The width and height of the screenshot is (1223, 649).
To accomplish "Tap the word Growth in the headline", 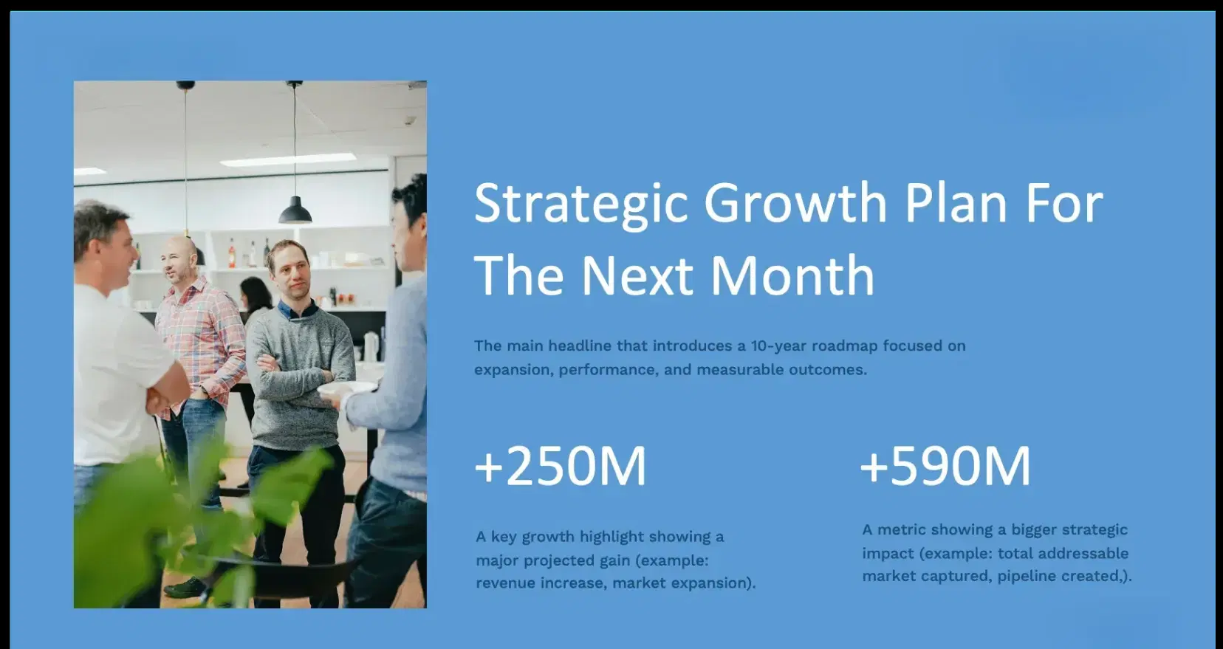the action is click(x=795, y=203).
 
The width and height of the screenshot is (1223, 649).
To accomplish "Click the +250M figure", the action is click(x=561, y=466).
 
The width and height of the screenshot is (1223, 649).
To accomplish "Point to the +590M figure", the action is click(x=945, y=466).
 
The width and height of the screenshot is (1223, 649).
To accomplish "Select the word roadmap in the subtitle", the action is click(x=844, y=346).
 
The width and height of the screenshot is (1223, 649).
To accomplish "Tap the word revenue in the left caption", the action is click(x=505, y=583).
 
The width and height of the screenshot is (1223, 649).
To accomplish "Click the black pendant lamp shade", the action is click(x=295, y=210).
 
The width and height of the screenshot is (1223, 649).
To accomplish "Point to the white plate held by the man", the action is click(x=347, y=388).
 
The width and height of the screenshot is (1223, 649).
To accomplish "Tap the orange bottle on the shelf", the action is click(x=231, y=254).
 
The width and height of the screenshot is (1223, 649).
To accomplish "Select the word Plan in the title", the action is click(x=956, y=203).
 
